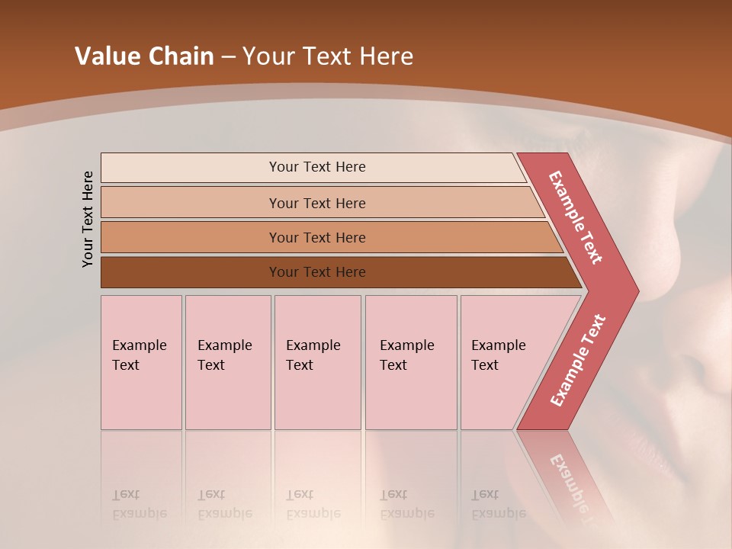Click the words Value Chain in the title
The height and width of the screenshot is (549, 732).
point(144,56)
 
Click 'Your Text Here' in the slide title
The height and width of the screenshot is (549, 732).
point(328,56)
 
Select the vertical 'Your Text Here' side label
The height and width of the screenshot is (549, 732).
point(88,219)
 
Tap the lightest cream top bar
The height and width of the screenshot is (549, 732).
point(191,167)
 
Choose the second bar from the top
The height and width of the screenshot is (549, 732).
point(191,203)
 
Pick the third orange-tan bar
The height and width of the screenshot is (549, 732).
point(191,237)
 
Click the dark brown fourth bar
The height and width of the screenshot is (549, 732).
point(191,272)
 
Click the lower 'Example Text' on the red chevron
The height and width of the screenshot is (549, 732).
point(578,360)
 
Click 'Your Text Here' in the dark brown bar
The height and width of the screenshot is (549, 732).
point(317,272)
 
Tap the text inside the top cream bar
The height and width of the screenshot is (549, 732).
point(317,167)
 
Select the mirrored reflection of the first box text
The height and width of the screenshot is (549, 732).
point(139,504)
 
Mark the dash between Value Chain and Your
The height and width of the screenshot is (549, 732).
point(228,56)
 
